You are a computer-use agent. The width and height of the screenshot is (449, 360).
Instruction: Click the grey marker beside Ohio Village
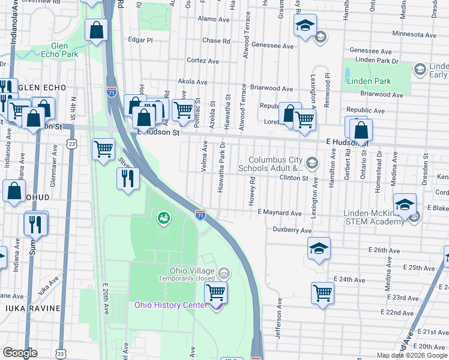(x=223, y=274)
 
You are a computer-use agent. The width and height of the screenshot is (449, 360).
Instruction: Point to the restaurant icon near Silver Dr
(x=127, y=178)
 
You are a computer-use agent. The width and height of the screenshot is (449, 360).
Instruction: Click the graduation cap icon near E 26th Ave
(x=319, y=247)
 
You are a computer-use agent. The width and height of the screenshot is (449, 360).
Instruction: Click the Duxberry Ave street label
(x=292, y=230)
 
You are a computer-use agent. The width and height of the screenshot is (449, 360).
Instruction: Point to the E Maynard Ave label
(x=279, y=213)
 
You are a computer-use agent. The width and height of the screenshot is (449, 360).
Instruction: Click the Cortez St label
(x=202, y=61)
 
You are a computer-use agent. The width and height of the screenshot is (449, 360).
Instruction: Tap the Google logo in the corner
(x=20, y=353)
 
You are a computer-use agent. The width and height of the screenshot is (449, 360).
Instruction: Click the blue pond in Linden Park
(x=348, y=75)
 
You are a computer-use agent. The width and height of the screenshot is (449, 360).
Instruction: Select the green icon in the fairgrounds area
(x=162, y=218)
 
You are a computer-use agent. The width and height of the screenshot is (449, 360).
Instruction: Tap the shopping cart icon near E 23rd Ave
(x=322, y=293)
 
